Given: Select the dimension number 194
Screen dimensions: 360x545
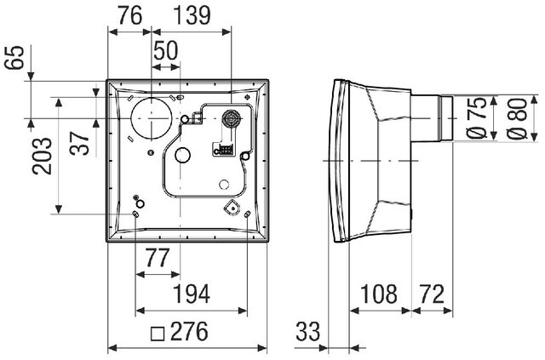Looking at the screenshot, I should (x=192, y=294).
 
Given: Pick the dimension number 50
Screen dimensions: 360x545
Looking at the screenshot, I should (x=165, y=51).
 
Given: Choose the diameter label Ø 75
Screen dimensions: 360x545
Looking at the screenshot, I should (x=477, y=119).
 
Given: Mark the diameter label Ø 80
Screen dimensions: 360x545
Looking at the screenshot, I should (x=514, y=119).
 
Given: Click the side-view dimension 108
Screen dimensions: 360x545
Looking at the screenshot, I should (x=379, y=294).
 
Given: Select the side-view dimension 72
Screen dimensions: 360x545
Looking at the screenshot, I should (x=432, y=294).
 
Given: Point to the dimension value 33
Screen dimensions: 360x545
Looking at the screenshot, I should (x=309, y=332).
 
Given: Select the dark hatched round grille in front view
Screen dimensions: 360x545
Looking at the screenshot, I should (x=230, y=118).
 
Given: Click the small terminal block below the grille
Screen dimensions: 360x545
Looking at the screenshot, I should (x=224, y=151).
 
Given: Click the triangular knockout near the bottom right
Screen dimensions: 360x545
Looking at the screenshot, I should (x=232, y=207).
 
